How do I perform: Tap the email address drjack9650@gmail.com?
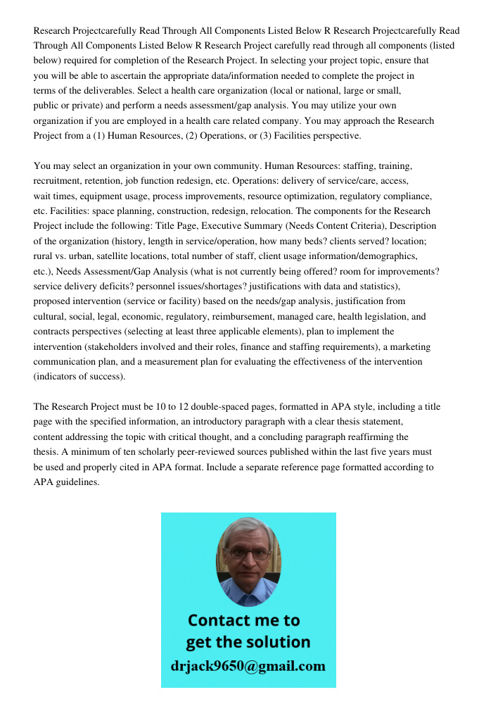click(248, 666)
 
